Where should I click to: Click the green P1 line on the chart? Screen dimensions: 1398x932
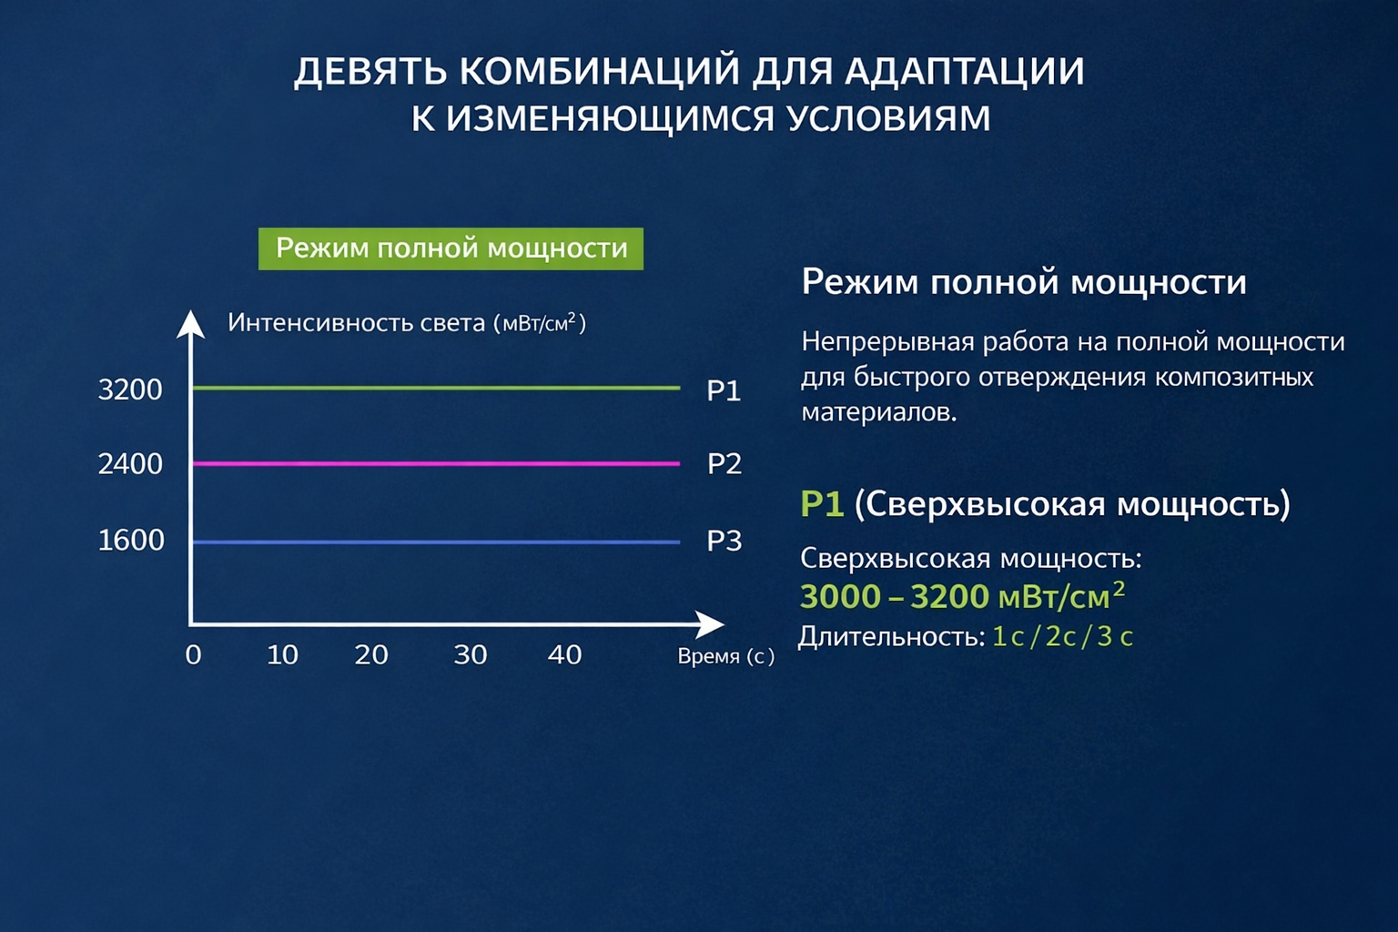tap(436, 389)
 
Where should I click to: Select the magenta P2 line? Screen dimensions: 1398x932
tap(436, 464)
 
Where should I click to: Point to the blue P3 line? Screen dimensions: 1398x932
tap(436, 542)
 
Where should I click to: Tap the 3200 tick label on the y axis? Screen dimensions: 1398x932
tap(130, 390)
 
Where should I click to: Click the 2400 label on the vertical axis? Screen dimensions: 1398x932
tap(130, 464)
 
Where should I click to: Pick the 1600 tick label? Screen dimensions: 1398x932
tap(131, 540)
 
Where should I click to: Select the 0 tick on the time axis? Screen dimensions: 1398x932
tap(194, 654)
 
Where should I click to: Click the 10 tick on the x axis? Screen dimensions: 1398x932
tap(283, 654)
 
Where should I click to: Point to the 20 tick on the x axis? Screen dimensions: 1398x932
tap(371, 654)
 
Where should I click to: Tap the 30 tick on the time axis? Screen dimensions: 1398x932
tap(470, 654)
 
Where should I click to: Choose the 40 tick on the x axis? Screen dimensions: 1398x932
tap(565, 654)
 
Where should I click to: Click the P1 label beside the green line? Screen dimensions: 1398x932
tap(724, 390)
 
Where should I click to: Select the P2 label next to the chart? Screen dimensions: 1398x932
tap(724, 464)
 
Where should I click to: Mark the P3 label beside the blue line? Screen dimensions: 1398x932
tap(724, 541)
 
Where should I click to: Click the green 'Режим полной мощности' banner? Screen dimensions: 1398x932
tap(451, 248)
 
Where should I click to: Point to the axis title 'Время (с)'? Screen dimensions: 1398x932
tap(725, 657)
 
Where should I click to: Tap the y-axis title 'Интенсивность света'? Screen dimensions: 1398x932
tap(356, 323)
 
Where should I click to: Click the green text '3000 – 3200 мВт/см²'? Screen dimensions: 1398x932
tap(962, 596)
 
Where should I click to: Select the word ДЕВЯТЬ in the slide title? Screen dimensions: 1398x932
tap(370, 71)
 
